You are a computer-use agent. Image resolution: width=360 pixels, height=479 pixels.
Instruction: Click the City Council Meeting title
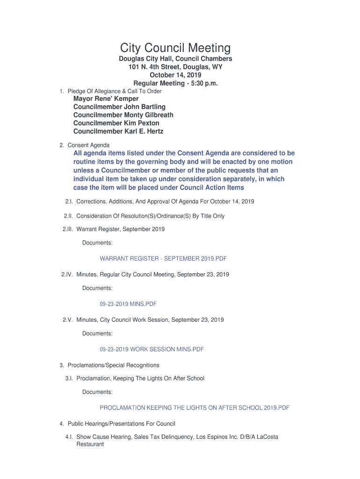(x=175, y=48)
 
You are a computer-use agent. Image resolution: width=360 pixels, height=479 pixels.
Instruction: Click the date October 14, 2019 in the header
(x=175, y=75)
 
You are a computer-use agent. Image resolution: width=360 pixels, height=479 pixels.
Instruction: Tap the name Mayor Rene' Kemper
(x=106, y=99)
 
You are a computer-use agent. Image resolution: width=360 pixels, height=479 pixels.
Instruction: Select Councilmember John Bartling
(x=119, y=107)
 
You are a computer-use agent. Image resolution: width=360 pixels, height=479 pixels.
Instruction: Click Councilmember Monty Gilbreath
(x=123, y=115)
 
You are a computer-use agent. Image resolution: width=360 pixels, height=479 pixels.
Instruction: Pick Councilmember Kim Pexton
(x=116, y=123)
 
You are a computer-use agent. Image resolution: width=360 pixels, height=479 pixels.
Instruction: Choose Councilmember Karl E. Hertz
(x=118, y=131)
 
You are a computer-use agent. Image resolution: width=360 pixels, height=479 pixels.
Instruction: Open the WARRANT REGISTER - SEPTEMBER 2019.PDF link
(x=163, y=259)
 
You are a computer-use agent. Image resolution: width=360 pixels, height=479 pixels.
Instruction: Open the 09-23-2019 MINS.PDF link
(x=128, y=304)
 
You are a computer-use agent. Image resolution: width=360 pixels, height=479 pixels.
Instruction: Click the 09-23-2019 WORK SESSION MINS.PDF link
(x=151, y=349)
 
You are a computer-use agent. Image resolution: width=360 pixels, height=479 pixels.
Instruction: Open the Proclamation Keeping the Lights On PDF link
(x=194, y=408)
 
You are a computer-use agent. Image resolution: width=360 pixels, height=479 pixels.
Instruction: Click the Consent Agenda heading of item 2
(x=88, y=145)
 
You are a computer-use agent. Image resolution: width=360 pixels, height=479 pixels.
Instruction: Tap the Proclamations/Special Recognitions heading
(x=113, y=365)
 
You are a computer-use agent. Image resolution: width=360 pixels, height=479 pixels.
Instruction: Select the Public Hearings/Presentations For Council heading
(x=121, y=424)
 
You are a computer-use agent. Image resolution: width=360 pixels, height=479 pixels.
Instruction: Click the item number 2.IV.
(x=67, y=275)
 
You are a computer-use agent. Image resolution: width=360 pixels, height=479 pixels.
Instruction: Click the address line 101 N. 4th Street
(x=175, y=67)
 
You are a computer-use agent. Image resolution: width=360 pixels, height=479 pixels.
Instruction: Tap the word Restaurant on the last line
(x=90, y=444)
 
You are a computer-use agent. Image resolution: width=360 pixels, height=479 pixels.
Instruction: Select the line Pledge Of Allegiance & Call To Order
(x=114, y=91)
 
